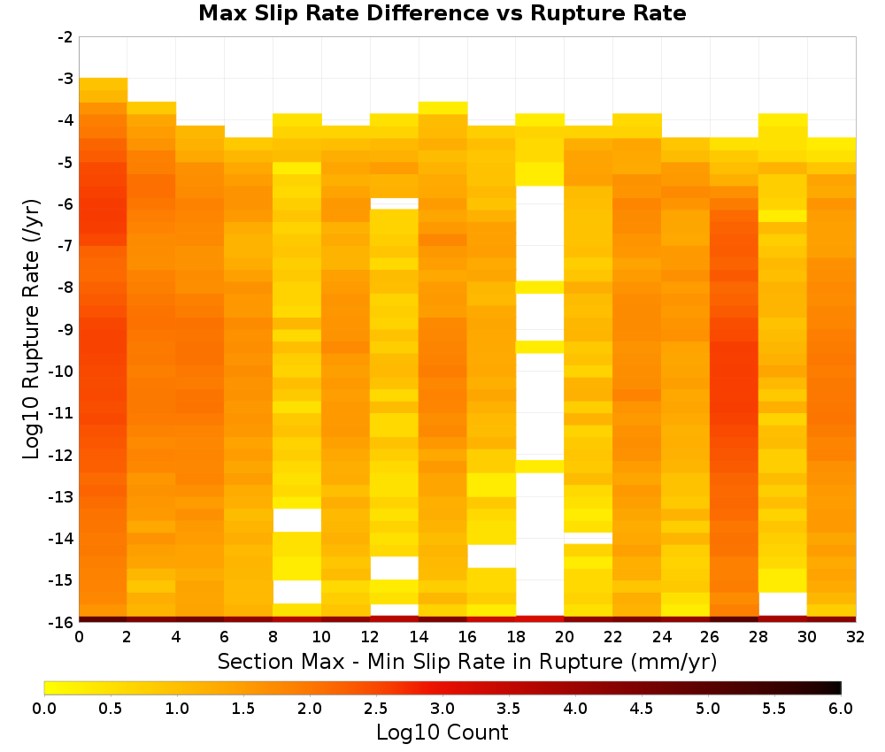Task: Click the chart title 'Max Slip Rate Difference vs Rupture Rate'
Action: point(442,13)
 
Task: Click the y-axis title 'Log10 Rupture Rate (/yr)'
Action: point(32,329)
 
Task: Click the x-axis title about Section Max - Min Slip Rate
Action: point(467,661)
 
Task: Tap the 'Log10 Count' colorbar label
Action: point(442,733)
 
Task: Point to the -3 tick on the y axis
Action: point(65,79)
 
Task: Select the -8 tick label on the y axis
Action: point(65,288)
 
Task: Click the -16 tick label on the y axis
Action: point(62,622)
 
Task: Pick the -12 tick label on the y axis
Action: point(62,455)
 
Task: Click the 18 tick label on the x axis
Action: point(516,637)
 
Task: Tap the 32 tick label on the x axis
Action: point(856,637)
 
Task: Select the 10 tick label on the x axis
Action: point(321,637)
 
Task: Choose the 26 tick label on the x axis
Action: point(710,637)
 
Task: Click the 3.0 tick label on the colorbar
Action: point(442,708)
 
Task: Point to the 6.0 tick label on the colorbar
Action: point(841,708)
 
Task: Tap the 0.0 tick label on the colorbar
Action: point(44,708)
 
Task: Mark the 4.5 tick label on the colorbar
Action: point(641,708)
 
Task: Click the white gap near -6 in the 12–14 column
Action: point(395,203)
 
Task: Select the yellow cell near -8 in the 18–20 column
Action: point(540,288)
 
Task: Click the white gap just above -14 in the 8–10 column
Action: point(297,520)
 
